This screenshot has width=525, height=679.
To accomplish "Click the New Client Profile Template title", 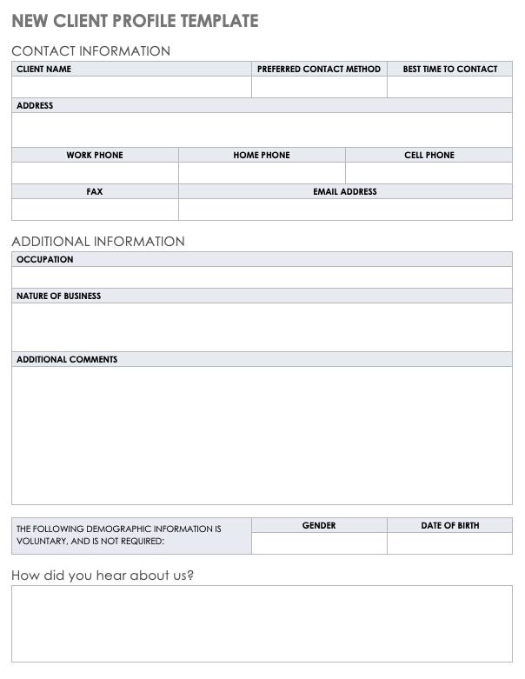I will [135, 21].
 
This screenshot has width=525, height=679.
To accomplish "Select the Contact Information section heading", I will [90, 51].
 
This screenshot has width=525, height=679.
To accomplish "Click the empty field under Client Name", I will [131, 87].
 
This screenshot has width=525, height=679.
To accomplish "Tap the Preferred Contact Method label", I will [319, 69].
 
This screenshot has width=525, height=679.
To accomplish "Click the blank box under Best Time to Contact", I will [449, 87].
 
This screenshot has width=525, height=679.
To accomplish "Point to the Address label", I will [35, 106].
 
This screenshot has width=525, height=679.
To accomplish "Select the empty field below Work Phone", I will [95, 173].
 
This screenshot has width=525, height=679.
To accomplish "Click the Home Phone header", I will [262, 155].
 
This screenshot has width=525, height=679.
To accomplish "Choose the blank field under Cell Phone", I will [429, 173].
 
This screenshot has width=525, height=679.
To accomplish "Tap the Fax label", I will [95, 191].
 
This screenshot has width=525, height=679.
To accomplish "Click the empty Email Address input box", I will [345, 210].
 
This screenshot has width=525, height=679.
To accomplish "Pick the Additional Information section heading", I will [98, 242].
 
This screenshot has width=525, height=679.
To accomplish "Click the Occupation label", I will [45, 259].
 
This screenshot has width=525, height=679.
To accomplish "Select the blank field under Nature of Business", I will [262, 327].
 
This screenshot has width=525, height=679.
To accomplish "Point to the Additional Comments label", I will [67, 359].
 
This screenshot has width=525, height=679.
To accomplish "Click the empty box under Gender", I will [319, 543].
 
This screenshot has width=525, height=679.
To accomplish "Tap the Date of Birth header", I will [449, 525].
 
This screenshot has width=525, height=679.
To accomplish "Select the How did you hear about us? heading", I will [103, 576].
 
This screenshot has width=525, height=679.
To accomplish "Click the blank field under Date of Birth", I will [449, 543].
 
